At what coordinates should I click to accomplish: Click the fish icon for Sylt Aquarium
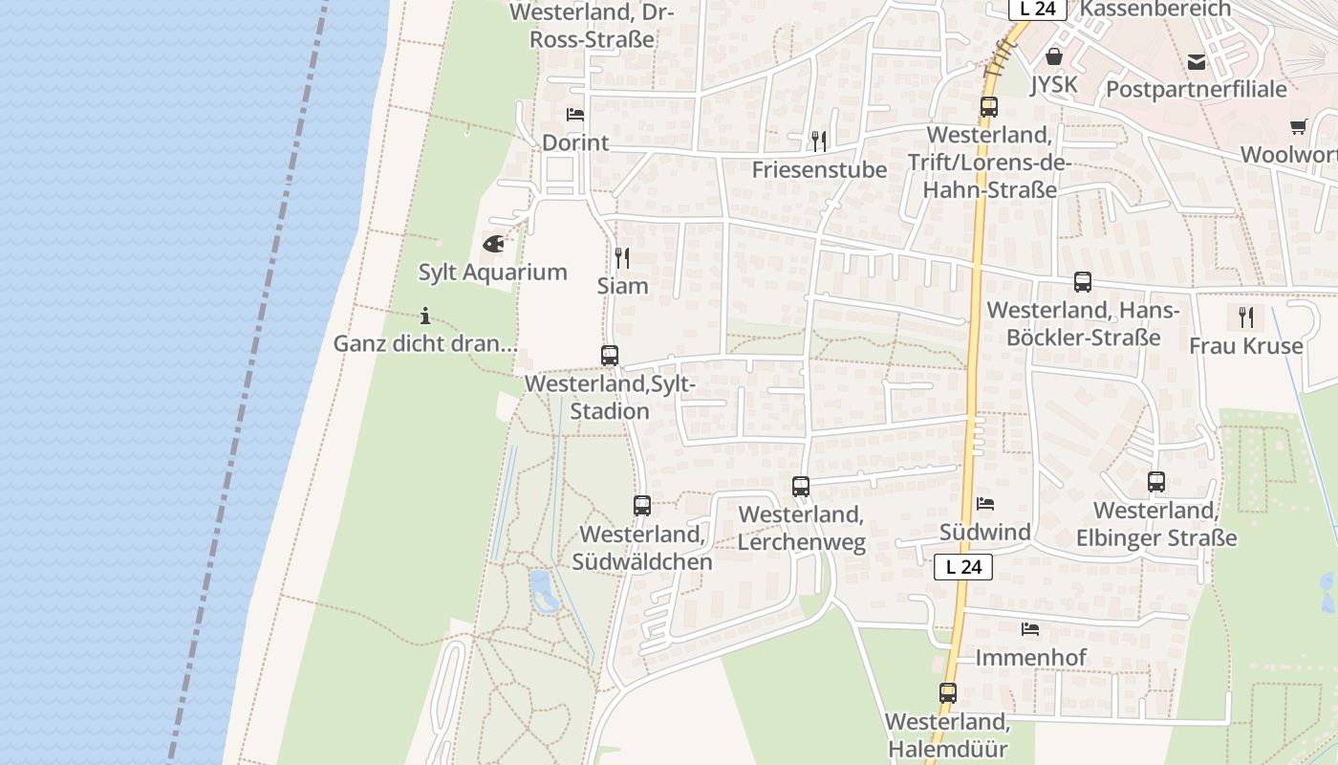[x=493, y=244]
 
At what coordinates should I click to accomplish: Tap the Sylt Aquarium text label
[x=493, y=272]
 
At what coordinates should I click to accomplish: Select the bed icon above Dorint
[x=575, y=115]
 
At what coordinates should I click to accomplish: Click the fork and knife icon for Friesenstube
[x=819, y=142]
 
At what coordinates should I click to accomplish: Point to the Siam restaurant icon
[x=622, y=257]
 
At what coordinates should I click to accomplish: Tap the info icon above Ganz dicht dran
[x=425, y=316]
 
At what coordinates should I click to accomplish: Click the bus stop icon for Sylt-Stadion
[x=610, y=356]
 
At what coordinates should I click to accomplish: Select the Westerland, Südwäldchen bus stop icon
[x=642, y=506]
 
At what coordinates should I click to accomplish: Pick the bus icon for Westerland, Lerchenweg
[x=801, y=487]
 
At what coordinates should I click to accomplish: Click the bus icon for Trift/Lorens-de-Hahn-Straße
[x=989, y=107]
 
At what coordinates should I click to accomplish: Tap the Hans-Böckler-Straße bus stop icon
[x=1083, y=282]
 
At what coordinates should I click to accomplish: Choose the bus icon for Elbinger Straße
[x=1156, y=482]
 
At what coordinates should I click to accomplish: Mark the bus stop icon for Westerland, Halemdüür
[x=948, y=693]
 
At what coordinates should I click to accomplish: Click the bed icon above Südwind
[x=985, y=504]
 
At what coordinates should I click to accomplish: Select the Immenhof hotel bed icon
[x=1030, y=629]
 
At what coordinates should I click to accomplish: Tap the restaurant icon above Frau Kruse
[x=1245, y=317]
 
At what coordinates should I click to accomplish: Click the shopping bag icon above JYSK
[x=1054, y=57]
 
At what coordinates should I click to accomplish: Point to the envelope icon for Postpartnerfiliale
[x=1197, y=62]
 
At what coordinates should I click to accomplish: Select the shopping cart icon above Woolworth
[x=1298, y=126]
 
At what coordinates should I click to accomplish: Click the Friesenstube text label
[x=819, y=169]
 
